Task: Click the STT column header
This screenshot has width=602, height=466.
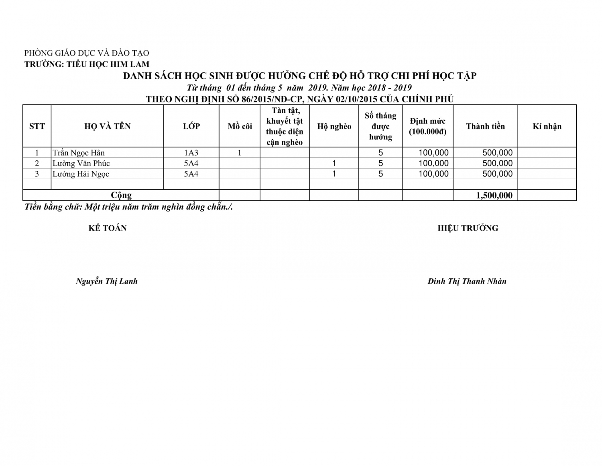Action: click(37, 126)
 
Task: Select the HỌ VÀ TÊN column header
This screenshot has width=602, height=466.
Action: click(108, 126)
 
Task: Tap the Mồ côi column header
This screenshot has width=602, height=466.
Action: click(240, 126)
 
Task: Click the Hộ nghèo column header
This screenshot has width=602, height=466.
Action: click(334, 126)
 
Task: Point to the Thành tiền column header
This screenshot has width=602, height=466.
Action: click(485, 126)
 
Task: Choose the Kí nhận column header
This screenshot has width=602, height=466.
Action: click(547, 126)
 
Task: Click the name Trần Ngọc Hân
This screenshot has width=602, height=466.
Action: click(79, 153)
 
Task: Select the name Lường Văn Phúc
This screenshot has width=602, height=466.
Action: click(81, 163)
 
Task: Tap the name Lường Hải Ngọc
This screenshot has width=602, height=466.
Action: click(81, 174)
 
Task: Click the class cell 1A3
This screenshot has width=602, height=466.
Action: click(191, 153)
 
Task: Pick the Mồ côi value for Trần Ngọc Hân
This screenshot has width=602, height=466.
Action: click(240, 153)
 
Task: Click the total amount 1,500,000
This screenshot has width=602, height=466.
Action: click(494, 195)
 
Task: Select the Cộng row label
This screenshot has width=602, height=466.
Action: click(121, 195)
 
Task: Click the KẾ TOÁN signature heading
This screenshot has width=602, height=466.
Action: click(108, 228)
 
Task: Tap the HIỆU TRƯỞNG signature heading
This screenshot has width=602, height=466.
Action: click(468, 228)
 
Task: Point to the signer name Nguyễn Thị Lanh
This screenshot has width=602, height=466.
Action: click(107, 281)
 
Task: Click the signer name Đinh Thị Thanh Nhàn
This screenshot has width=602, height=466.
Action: click(467, 281)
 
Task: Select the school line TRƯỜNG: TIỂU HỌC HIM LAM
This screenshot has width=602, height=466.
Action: click(87, 64)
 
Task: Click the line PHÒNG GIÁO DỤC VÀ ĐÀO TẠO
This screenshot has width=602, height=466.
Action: click(87, 53)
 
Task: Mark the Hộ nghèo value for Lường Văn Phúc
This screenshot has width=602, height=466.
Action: click(334, 163)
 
